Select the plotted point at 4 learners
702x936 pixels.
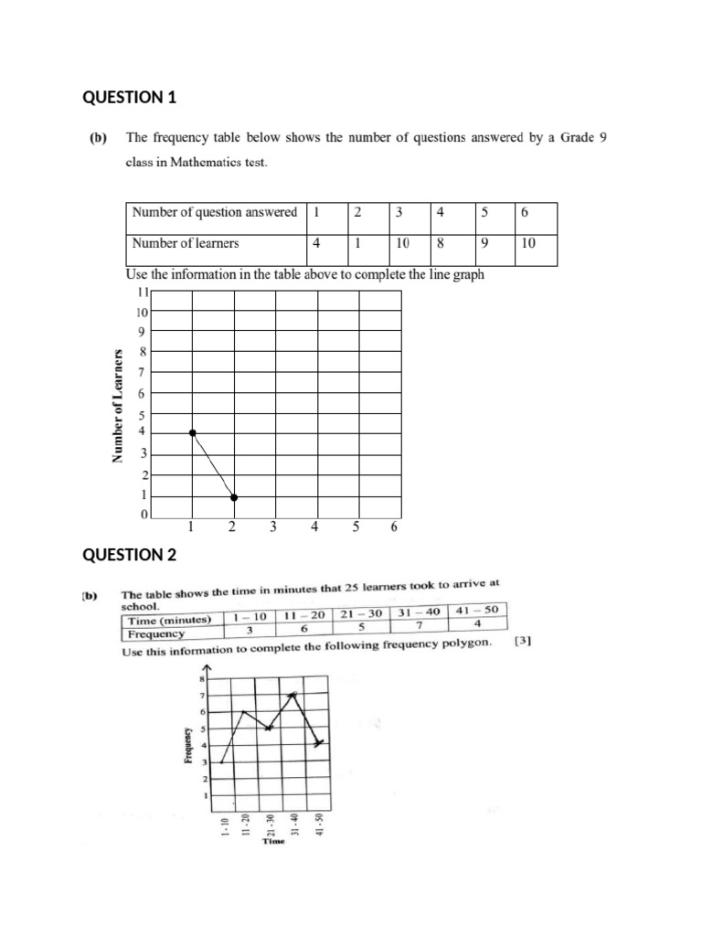click(192, 432)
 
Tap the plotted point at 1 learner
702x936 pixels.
click(234, 497)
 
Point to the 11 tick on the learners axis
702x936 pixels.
click(142, 292)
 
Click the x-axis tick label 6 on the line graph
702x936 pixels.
click(394, 526)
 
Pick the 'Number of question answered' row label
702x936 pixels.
click(215, 212)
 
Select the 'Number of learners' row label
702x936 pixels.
click(186, 243)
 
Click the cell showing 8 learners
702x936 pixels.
click(441, 243)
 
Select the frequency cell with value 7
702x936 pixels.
click(418, 625)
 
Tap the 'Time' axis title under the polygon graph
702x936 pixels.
click(273, 842)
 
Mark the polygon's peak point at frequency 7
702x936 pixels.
click(293, 695)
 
